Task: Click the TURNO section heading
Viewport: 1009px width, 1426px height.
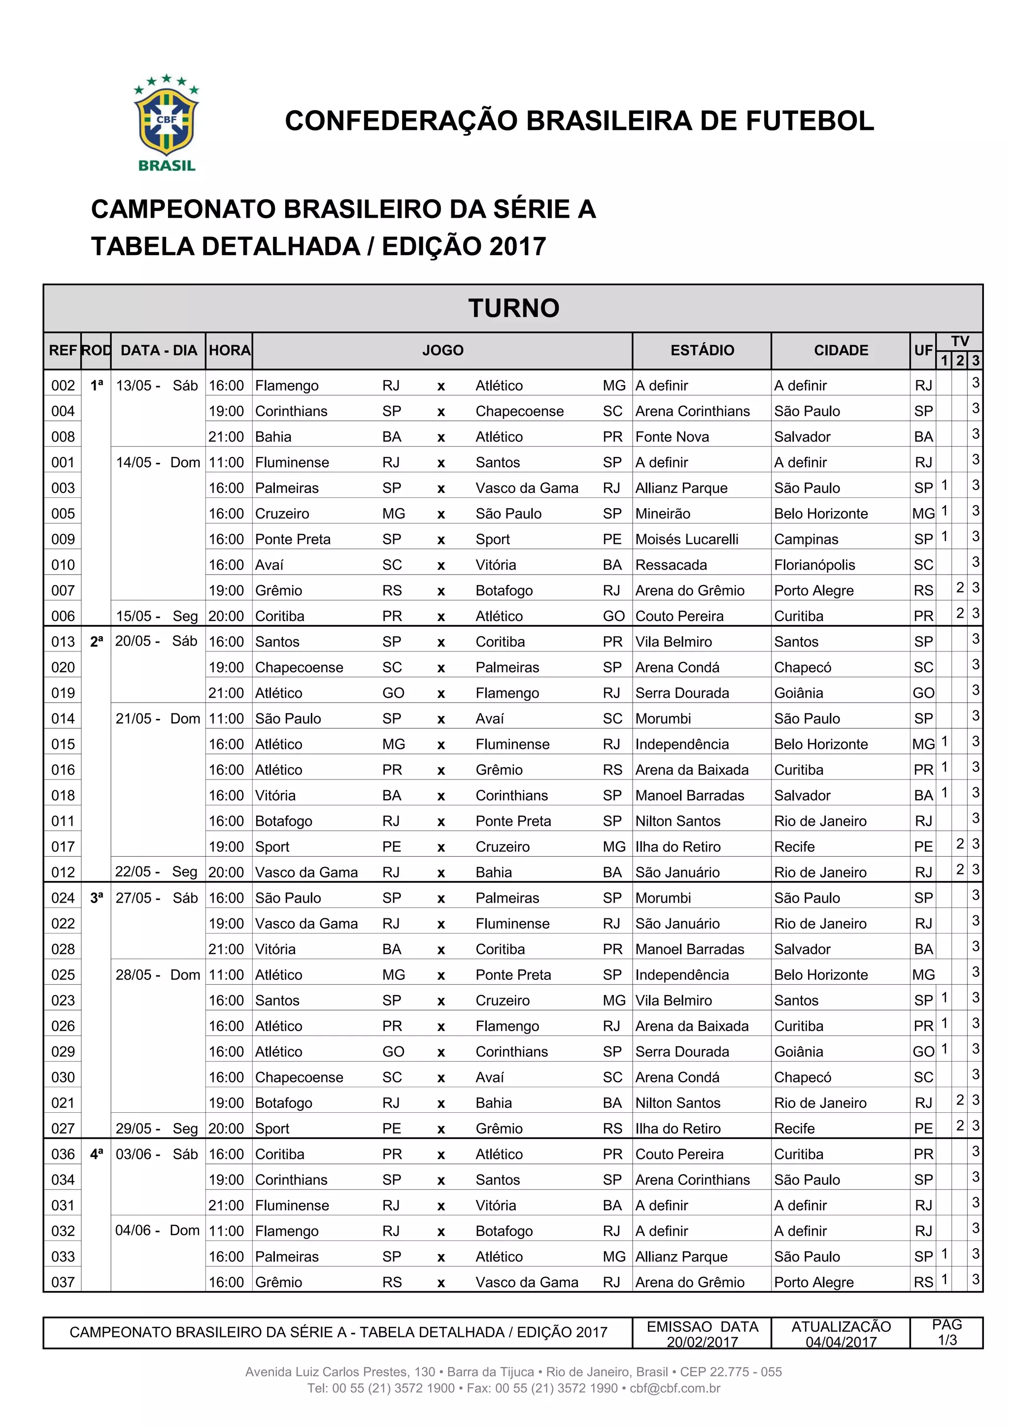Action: coord(513,308)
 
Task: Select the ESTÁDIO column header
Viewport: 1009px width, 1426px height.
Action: coord(702,350)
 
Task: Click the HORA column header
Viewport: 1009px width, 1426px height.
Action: coord(229,350)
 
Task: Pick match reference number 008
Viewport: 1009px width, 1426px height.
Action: coord(63,437)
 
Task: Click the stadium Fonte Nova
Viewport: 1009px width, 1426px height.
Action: coord(672,437)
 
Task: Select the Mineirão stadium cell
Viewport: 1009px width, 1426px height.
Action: coord(662,514)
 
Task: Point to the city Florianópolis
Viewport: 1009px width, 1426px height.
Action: coord(814,565)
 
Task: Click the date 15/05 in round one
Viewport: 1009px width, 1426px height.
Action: coord(134,616)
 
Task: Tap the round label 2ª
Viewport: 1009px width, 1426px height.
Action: coord(96,642)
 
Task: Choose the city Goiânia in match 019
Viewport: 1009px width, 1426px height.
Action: coord(798,693)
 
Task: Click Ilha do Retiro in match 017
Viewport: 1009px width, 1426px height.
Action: coord(678,846)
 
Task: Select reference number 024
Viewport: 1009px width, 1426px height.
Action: coord(63,898)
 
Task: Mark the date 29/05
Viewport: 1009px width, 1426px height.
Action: coord(134,1129)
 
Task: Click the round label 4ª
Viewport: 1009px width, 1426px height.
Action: coord(96,1154)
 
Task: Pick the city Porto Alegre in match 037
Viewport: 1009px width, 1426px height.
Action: coord(813,1282)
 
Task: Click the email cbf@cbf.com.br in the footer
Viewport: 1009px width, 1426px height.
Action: coord(675,1388)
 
